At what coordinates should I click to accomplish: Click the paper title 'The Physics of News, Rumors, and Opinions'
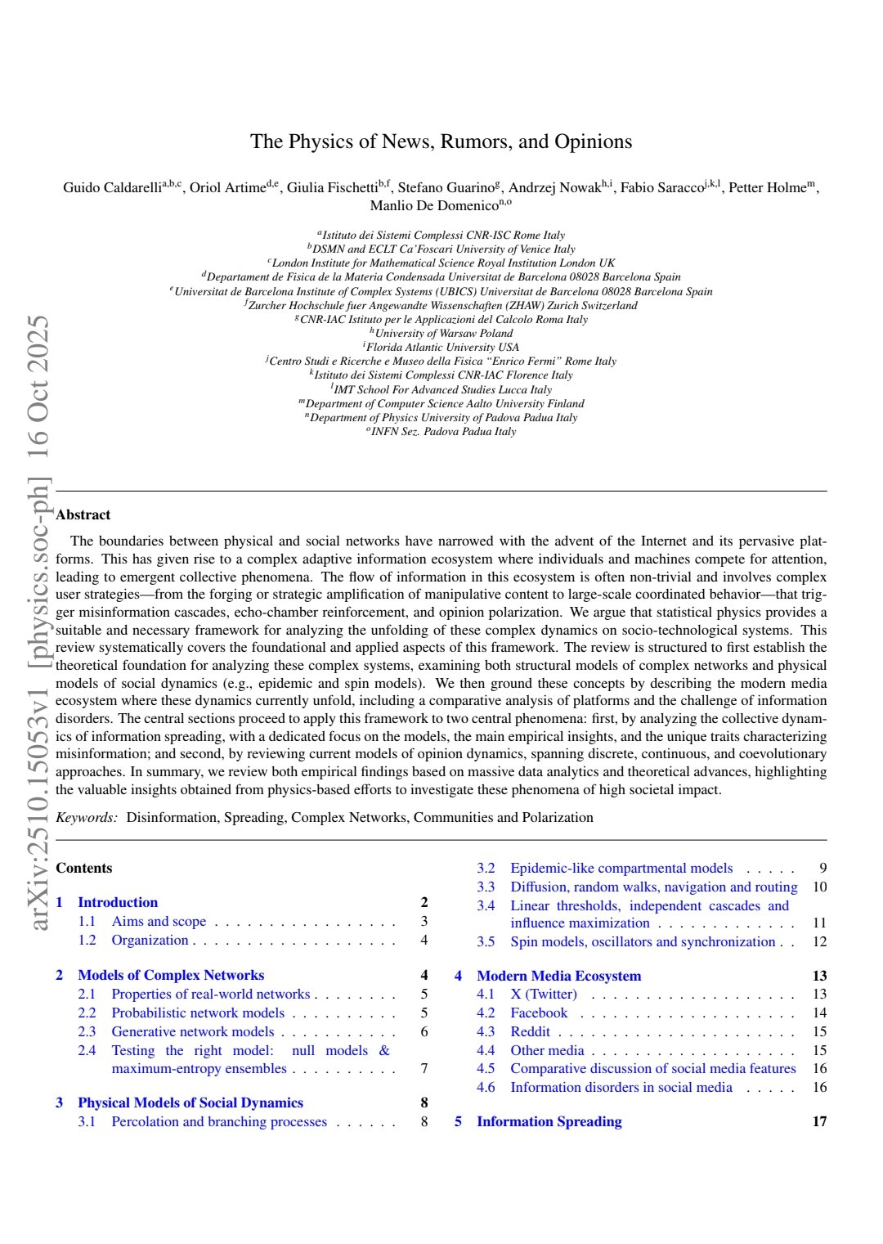coord(441,141)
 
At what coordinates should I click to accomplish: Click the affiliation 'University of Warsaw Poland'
coord(444,333)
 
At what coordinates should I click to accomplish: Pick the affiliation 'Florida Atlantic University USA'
coord(442,347)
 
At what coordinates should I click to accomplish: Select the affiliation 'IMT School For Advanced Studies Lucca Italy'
coord(442,389)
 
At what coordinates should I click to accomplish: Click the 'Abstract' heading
coord(83,514)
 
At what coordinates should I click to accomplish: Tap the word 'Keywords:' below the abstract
coord(87,817)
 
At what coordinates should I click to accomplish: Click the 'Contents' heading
coord(84,868)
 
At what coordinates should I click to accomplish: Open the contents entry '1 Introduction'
coord(118,902)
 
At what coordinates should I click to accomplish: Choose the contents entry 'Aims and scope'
coord(159,921)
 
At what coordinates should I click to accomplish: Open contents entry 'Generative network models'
coord(193,1031)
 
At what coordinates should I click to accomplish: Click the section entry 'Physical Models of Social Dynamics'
coord(190,1103)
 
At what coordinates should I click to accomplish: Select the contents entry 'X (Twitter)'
coord(544,994)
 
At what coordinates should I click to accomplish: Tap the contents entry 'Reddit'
coord(530,1031)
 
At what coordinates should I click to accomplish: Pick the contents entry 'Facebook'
coord(539,1013)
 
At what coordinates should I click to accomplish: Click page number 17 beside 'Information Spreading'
coord(819,1121)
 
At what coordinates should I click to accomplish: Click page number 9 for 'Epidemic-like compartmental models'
coord(822,868)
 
